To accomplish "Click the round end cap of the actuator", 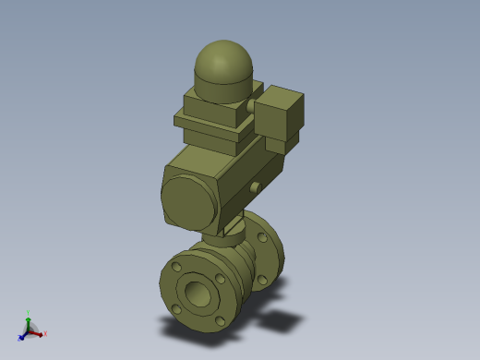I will point(188,198).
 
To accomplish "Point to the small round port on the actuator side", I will point(254,187).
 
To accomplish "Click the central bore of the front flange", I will point(198,294).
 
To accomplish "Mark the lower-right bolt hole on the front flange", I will point(219,320).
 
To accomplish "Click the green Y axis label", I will point(29,313).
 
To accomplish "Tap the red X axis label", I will point(45,333).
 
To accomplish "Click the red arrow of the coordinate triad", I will point(38,331).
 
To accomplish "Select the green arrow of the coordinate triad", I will point(29,320).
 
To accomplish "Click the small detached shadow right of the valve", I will point(282,320).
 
